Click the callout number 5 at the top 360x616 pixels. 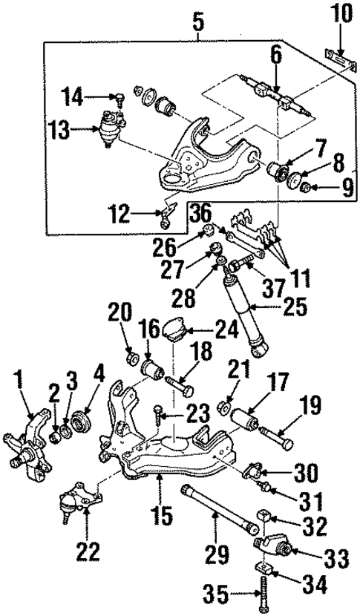pyautogui.click(x=198, y=22)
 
